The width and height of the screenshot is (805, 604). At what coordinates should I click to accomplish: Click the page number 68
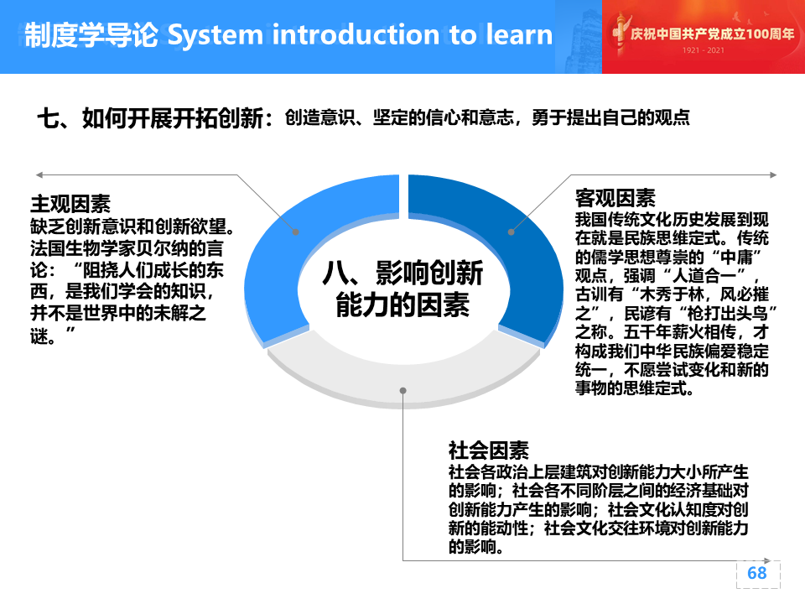pyautogui.click(x=756, y=573)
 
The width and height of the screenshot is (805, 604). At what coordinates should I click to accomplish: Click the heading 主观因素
pyautogui.click(x=70, y=204)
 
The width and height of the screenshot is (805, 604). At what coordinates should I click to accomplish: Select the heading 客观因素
pyautogui.click(x=615, y=198)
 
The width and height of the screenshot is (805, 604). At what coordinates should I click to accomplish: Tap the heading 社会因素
pyautogui.click(x=488, y=450)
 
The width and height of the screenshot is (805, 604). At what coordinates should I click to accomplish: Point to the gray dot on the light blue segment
pyautogui.click(x=296, y=232)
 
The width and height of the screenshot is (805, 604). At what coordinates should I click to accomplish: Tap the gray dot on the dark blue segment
pyautogui.click(x=511, y=232)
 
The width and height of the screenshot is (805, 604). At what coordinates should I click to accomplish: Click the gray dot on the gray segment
pyautogui.click(x=403, y=390)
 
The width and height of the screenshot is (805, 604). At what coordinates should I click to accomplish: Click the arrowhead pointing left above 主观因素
pyautogui.click(x=39, y=175)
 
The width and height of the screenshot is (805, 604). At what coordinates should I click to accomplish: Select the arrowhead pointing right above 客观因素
pyautogui.click(x=773, y=175)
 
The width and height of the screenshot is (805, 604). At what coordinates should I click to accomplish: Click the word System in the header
pyautogui.click(x=216, y=35)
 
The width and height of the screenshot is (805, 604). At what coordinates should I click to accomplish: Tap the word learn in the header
pyautogui.click(x=520, y=34)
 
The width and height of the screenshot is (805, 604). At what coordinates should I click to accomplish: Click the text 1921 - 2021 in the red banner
pyautogui.click(x=704, y=50)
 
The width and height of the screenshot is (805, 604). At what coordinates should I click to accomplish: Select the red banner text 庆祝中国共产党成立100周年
pyautogui.click(x=713, y=34)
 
